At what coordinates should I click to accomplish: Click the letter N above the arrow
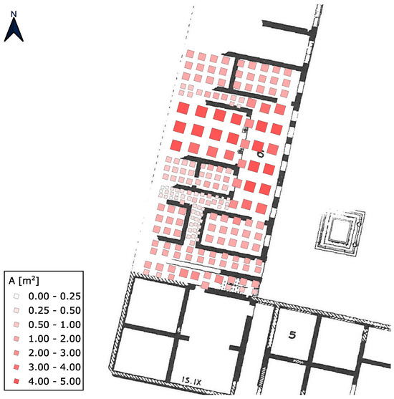click(14, 14)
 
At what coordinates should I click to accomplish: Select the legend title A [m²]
click(24, 282)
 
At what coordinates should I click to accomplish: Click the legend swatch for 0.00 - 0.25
click(16, 296)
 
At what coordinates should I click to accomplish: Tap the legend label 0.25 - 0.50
click(54, 310)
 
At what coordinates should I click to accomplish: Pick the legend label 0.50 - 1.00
click(54, 325)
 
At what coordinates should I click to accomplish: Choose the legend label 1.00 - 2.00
click(54, 339)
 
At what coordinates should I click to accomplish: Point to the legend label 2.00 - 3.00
click(54, 353)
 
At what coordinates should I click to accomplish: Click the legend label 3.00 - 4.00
click(54, 367)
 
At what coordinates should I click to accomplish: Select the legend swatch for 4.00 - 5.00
click(16, 381)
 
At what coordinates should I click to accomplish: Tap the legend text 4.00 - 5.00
click(54, 381)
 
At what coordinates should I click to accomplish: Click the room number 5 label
click(292, 335)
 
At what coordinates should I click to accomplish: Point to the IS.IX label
click(192, 381)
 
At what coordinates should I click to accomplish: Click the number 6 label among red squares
click(260, 154)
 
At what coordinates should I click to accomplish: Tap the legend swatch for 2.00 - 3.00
click(16, 353)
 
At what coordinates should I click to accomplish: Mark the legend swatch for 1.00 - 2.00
click(16, 339)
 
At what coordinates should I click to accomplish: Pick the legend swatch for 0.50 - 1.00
click(16, 325)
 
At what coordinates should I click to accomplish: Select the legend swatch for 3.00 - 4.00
click(16, 367)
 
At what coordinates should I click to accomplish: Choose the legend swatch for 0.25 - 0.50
click(16, 310)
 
